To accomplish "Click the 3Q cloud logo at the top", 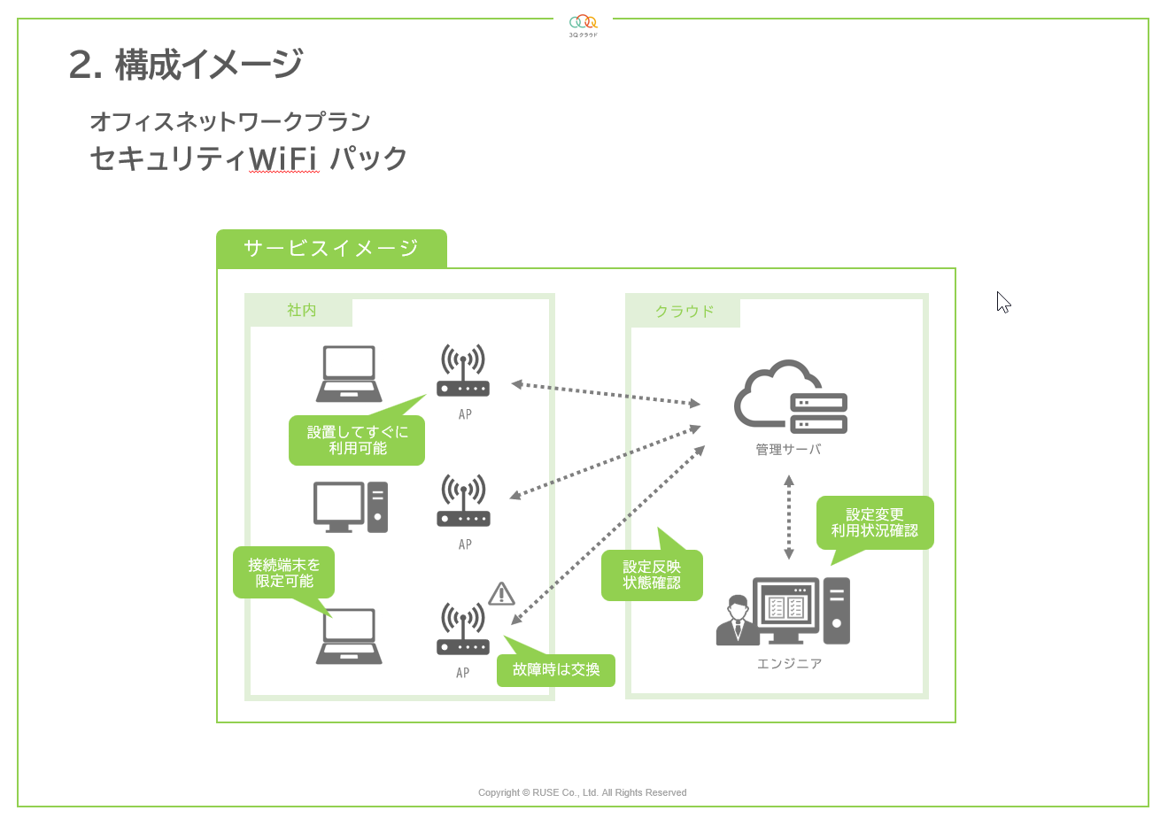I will click(583, 24).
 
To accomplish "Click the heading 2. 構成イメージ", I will click(186, 65).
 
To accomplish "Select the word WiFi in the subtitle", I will click(283, 158).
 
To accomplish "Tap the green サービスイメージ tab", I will click(331, 249).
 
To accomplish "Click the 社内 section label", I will click(301, 311).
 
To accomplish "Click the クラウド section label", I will click(684, 312).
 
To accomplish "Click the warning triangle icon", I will click(501, 594).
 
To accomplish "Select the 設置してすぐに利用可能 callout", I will click(357, 440).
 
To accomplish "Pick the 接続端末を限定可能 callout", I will click(284, 573).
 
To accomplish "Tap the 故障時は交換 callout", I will click(556, 670).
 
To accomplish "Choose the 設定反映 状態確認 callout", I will click(652, 575).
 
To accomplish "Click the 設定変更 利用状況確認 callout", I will click(875, 522).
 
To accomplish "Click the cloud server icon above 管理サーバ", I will click(791, 398).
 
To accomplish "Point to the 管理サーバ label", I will click(788, 450).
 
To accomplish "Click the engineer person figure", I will click(737, 621).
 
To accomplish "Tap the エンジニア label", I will click(789, 664).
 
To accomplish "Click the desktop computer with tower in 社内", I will click(351, 507).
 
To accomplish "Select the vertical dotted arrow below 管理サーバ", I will click(789, 518).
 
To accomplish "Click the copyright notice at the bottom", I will click(582, 792).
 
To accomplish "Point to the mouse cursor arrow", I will click(1002, 302).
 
